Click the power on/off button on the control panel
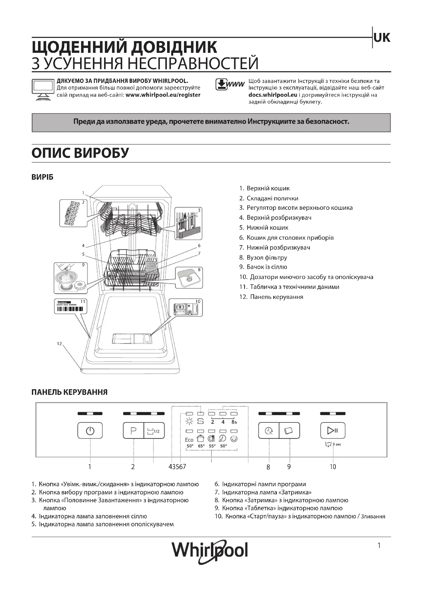90,431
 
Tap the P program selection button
133,431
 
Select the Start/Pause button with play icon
333,431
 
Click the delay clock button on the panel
269,431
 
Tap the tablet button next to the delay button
289,431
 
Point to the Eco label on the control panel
189,440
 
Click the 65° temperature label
201,446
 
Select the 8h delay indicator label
234,422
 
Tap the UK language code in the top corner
382,38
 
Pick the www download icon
230,84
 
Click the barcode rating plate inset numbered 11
70,306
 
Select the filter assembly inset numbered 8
189,278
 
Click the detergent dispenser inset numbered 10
185,308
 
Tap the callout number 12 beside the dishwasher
59,344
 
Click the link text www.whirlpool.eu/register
163,95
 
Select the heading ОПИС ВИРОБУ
80,153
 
